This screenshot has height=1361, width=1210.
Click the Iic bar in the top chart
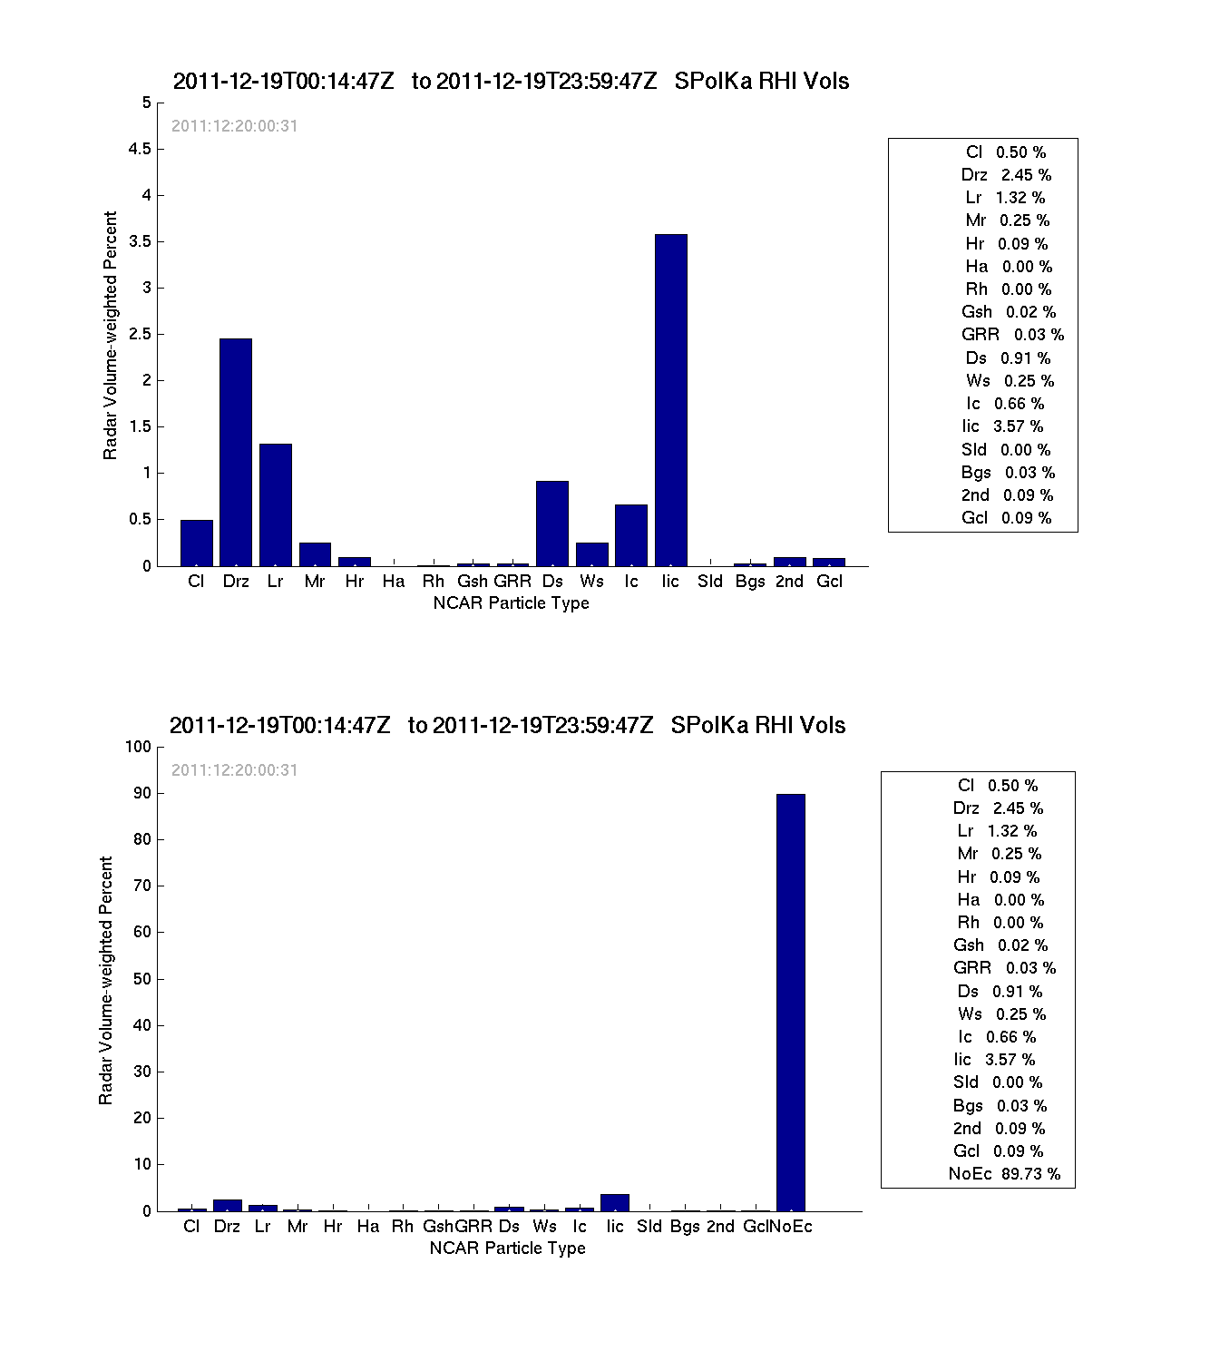point(670,400)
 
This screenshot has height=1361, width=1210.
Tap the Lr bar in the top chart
point(275,504)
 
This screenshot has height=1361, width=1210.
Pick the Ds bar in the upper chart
point(552,524)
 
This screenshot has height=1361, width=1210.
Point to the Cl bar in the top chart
point(196,543)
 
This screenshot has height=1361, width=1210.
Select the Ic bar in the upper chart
point(631,535)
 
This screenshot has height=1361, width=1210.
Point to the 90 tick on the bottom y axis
point(141,793)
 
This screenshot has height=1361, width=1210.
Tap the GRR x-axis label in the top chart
point(512,582)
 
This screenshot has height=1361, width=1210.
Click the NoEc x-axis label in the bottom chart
point(791,1227)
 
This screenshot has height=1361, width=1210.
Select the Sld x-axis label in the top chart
point(710,582)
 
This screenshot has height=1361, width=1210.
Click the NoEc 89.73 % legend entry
point(1004,1174)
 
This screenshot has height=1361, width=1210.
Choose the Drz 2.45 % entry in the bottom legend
point(998,808)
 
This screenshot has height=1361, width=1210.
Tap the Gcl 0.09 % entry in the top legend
point(1006,518)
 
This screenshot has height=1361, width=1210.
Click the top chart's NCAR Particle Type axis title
point(511,603)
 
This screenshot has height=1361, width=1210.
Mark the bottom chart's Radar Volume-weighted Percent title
point(106,980)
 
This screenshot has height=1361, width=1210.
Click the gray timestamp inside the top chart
point(234,126)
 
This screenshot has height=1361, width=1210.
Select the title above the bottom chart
point(507,725)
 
